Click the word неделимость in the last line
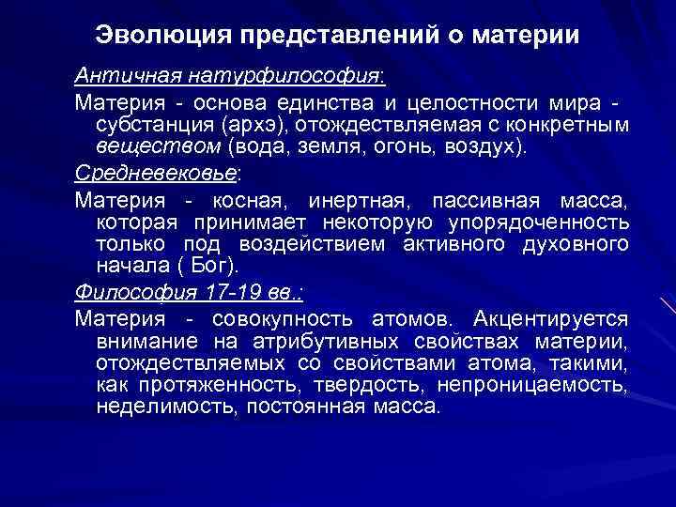coord(154,407)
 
